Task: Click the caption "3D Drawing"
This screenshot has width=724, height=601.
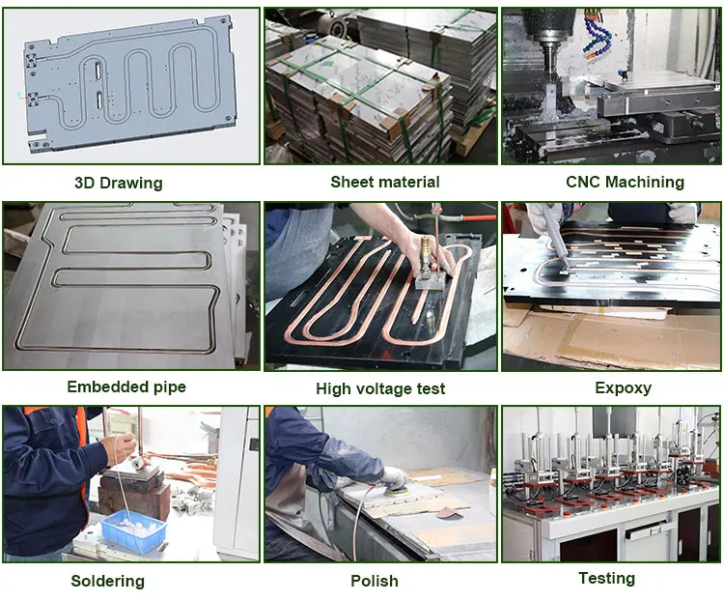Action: point(119,183)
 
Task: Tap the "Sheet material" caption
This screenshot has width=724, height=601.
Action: point(385,182)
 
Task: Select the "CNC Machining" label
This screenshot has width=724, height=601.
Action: point(625,182)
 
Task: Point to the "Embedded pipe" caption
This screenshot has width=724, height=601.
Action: point(126,386)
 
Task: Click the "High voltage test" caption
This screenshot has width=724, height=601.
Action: point(380,388)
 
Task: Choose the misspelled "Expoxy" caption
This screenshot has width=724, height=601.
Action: point(623,387)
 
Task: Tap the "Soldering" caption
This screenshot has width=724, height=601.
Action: point(107,581)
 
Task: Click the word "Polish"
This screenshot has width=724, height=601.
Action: point(375,581)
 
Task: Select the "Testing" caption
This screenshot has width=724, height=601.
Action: point(607,579)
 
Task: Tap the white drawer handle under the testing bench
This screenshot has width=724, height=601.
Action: point(649,530)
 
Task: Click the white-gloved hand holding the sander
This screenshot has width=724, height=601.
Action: point(393,477)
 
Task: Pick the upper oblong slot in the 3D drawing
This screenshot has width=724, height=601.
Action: point(98,70)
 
